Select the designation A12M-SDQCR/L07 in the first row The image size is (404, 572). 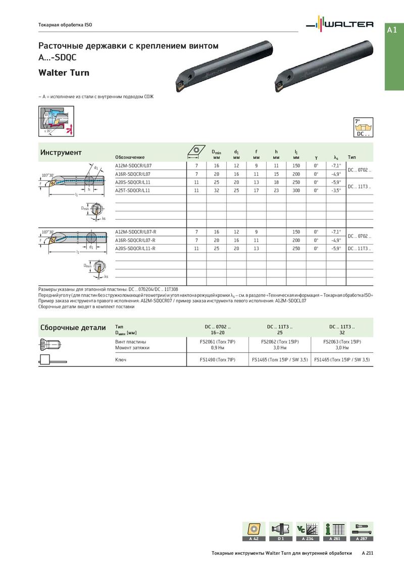[133, 166]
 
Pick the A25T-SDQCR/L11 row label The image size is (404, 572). [133, 190]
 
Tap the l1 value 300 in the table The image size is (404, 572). [296, 190]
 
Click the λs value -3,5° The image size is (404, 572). [336, 190]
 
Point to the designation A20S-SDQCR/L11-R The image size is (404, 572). [135, 249]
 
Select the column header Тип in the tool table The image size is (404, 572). [352, 157]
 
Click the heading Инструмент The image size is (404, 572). [61, 153]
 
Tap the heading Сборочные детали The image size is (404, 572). [73, 327]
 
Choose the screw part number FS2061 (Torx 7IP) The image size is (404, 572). [218, 342]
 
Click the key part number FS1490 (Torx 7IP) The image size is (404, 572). [218, 360]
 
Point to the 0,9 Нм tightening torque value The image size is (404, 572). [218, 348]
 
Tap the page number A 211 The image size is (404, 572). [368, 553]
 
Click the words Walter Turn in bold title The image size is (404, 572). [64, 73]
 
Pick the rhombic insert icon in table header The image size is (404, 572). [196, 152]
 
